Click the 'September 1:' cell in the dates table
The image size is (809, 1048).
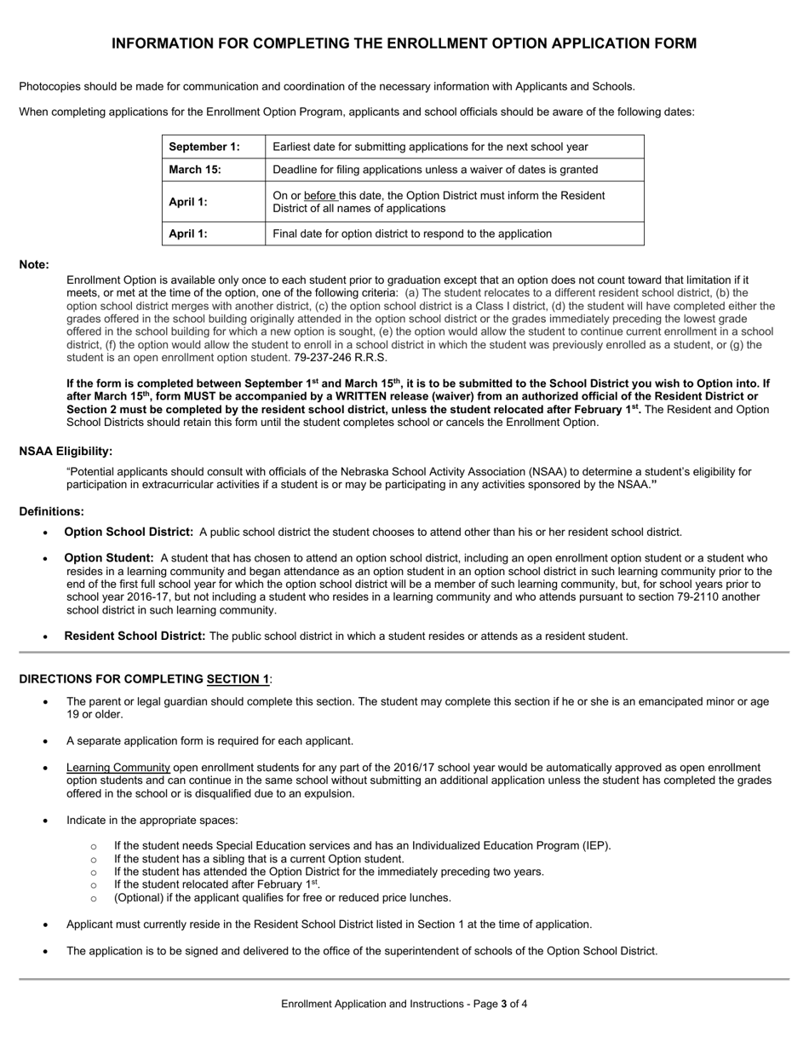point(204,147)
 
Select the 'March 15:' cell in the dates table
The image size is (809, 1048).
point(195,170)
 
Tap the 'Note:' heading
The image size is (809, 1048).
point(34,265)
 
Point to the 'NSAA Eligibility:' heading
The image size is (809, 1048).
point(66,451)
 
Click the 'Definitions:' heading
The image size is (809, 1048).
point(51,511)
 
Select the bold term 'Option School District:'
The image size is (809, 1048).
point(129,532)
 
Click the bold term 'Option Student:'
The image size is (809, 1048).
point(109,558)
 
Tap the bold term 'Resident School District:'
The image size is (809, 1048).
point(135,636)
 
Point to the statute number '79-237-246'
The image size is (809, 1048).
point(323,358)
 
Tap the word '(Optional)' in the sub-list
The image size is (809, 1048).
point(141,897)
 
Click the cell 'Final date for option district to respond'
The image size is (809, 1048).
point(412,233)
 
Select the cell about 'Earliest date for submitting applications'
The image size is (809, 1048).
point(430,147)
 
